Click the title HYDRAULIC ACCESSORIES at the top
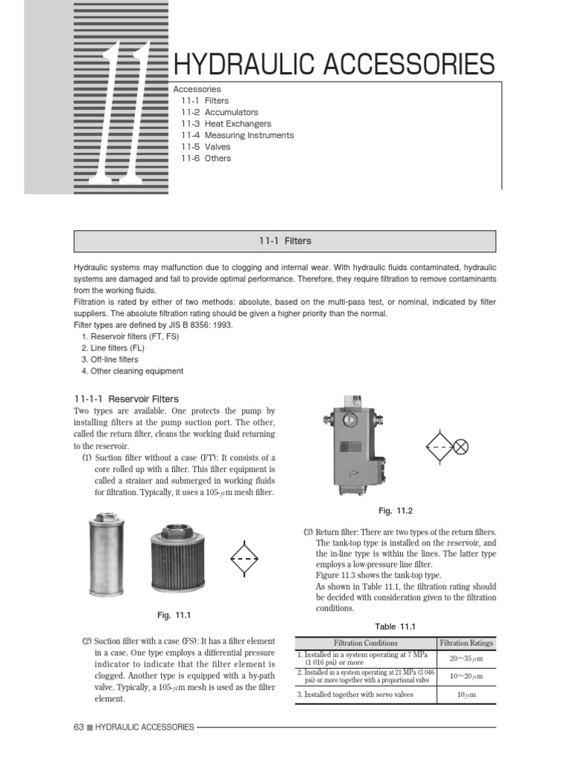point(332,65)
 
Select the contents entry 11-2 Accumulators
point(210,112)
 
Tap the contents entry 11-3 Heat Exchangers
point(226,124)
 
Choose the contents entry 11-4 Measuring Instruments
point(237,135)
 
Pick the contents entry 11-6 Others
point(206,158)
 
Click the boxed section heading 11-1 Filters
point(285,241)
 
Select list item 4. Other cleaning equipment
point(132,371)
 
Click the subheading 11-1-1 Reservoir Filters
point(126,399)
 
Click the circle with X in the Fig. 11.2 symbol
point(461,447)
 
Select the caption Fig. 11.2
point(395,511)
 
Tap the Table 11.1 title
point(395,626)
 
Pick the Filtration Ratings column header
point(466,643)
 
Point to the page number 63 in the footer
point(79,727)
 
